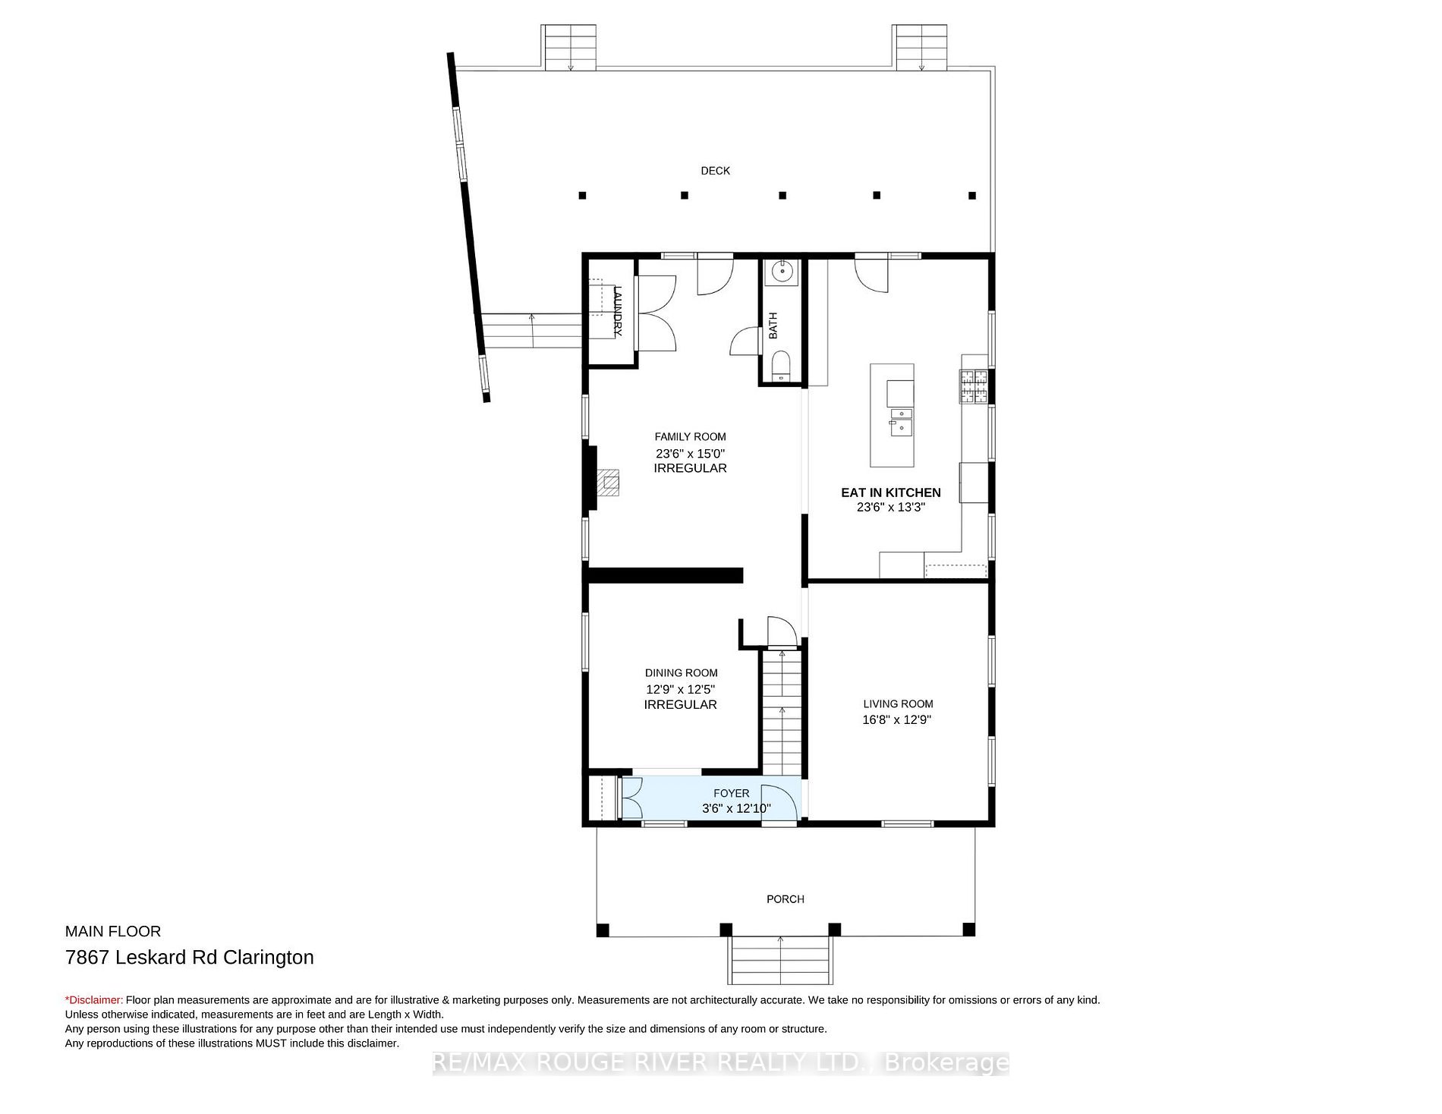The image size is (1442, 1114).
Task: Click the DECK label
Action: click(x=715, y=171)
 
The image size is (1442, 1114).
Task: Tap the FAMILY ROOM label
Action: click(x=690, y=436)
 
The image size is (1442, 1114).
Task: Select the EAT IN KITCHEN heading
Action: click(x=890, y=492)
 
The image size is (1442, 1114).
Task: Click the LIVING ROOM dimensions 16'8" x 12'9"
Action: click(x=896, y=719)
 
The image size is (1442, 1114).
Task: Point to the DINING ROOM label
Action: click(x=681, y=672)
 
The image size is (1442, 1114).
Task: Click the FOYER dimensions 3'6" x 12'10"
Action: click(x=736, y=808)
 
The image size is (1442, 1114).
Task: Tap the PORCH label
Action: click(x=785, y=898)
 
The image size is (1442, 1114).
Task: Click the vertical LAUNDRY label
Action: click(x=618, y=311)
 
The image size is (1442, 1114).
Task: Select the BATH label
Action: click(x=773, y=326)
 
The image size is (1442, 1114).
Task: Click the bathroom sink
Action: click(x=781, y=271)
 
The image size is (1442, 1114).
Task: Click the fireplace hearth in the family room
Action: click(x=609, y=482)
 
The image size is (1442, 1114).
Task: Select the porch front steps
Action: click(x=781, y=960)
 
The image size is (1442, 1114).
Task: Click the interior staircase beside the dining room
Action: click(x=782, y=710)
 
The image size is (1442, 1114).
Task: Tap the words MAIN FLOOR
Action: click(x=113, y=931)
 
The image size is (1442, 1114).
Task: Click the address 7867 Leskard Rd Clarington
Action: click(x=190, y=957)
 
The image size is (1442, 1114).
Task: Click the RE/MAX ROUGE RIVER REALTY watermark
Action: click(x=720, y=1063)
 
